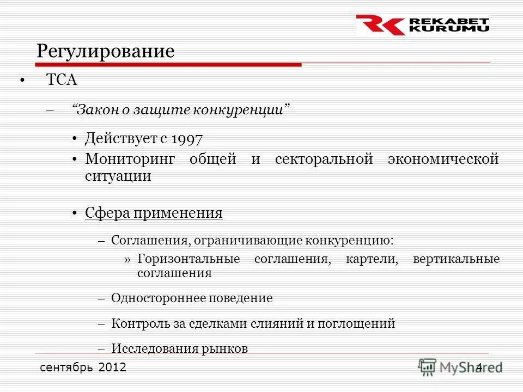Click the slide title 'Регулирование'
106,51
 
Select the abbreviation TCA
62,81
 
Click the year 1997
187,139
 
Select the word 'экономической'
443,160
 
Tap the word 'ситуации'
118,176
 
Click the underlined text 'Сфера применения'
154,213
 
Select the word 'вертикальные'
456,259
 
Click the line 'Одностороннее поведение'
192,298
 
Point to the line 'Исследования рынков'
179,348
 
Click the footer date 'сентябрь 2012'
83,367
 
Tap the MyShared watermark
460,367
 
